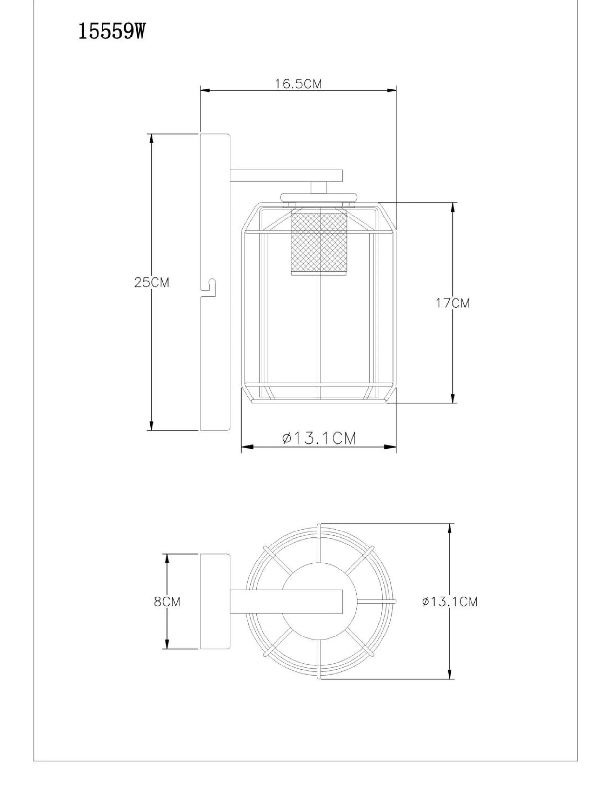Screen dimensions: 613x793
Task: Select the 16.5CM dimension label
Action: (298, 84)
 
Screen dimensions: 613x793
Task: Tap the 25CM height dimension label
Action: (152, 282)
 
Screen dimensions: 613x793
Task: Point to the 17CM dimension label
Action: (453, 303)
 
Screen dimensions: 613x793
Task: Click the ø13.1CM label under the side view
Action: (319, 439)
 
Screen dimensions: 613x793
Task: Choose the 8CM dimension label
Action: (167, 602)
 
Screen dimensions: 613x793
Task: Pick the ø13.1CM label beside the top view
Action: (450, 602)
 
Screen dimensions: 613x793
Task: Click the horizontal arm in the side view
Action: (287, 175)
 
